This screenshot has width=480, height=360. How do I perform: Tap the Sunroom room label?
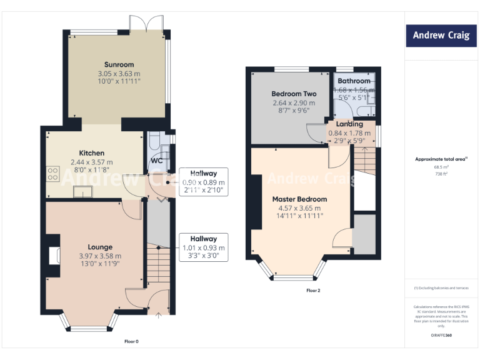coord(119,64)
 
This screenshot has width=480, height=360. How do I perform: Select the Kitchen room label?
coord(91,153)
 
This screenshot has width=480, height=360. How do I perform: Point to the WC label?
coord(156,161)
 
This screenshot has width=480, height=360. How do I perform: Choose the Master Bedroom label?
coord(299,199)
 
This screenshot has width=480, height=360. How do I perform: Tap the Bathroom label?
coord(354,81)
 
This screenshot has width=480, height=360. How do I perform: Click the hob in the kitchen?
coord(52,174)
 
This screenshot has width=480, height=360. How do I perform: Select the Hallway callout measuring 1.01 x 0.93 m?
coord(204,247)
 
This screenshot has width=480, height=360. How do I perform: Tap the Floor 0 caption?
coord(132,341)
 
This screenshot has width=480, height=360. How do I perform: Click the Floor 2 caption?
coord(313,291)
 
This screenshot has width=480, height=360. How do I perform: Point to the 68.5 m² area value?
coord(441,167)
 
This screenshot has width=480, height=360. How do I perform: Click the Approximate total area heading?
coord(441,159)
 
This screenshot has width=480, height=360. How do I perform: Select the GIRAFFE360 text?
coord(441,336)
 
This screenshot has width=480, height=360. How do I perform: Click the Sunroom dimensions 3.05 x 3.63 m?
coord(119,73)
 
